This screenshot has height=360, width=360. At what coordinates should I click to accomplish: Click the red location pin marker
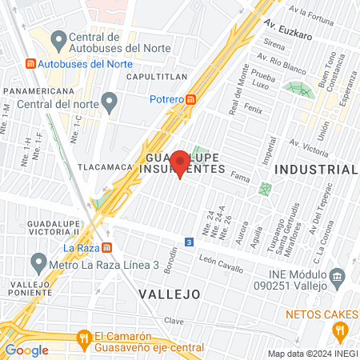(x=180, y=162)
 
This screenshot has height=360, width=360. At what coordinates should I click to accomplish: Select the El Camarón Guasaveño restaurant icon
(x=83, y=340)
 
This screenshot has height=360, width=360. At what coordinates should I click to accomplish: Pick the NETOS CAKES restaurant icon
(x=340, y=330)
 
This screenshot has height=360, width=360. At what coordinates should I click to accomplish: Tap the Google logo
(x=26, y=350)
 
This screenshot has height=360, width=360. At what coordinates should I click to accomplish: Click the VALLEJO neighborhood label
(x=169, y=294)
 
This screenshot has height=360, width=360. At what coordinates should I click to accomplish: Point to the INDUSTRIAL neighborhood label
(x=315, y=170)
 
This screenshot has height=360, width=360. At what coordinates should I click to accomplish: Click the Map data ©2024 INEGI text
(x=312, y=354)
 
